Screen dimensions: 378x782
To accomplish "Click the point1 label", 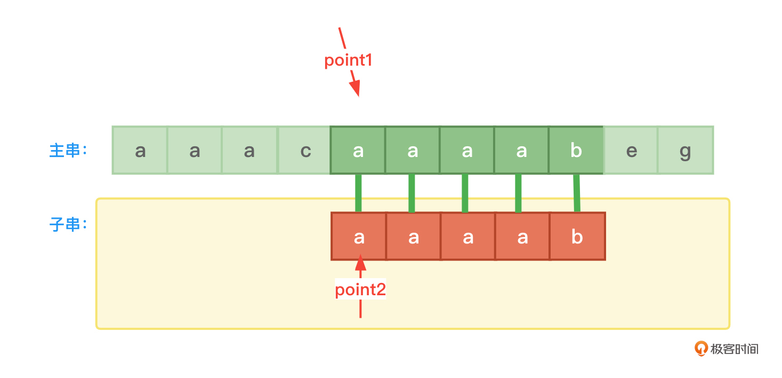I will click(348, 60).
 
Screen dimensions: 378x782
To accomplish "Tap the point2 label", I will click(360, 290).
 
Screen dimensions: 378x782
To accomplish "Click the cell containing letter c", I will click(305, 151).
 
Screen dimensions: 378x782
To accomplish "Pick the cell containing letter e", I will click(631, 151).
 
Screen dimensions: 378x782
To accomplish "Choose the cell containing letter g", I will click(686, 151).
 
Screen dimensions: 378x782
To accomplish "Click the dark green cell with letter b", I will click(576, 151).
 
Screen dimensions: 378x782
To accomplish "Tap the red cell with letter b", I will click(577, 237).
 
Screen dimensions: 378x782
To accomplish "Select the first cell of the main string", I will click(140, 151).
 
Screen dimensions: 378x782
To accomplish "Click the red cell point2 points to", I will click(359, 237).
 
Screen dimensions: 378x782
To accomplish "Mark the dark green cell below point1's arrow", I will click(358, 151).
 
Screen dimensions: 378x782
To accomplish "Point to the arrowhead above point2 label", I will click(361, 263).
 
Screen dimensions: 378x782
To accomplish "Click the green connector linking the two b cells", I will click(576, 193).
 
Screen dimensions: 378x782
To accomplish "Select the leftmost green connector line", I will click(358, 193).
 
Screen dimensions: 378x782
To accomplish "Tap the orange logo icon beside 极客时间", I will click(700, 349).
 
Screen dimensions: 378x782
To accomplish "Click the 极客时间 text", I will click(734, 349).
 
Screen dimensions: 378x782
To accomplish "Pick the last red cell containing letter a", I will click(522, 237).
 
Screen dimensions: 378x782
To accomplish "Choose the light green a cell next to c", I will click(249, 151).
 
